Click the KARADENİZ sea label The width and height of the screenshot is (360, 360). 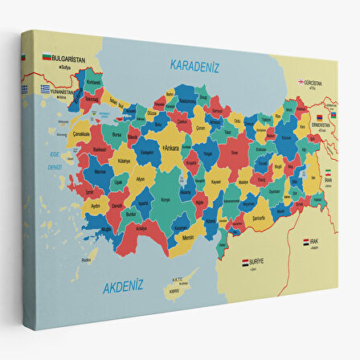tap(196, 67)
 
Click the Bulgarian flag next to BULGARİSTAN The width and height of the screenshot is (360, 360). tap(47, 58)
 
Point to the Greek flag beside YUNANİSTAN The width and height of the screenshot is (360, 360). tap(46, 88)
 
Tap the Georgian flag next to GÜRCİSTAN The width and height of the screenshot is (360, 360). tap(302, 81)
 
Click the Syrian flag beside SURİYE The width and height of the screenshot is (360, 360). tap(246, 262)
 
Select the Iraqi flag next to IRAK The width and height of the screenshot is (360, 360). tap(306, 241)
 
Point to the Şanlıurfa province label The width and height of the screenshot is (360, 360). tap(260, 216)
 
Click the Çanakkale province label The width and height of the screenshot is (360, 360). tap(81, 134)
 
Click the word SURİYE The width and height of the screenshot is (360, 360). tap(258, 262)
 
